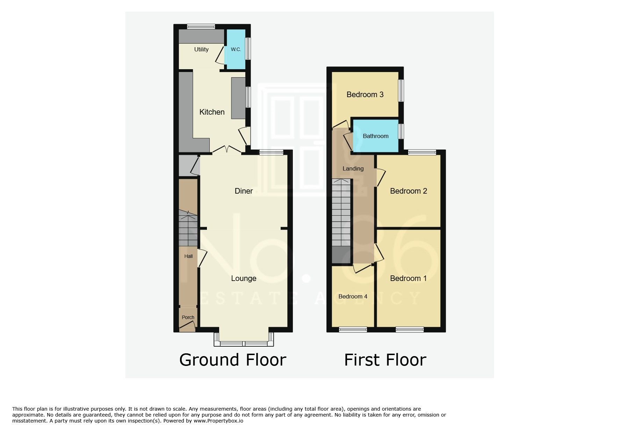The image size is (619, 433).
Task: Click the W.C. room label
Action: (236, 49)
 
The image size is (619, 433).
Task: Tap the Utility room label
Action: (201, 49)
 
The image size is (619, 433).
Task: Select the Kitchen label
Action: (212, 112)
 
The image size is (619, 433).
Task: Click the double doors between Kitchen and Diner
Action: (227, 150)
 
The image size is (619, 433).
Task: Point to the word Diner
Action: (244, 191)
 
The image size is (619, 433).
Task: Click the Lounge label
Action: (244, 278)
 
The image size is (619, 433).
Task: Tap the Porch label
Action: (188, 317)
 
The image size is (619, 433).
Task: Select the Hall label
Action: (188, 256)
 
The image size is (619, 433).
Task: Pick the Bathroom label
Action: (375, 136)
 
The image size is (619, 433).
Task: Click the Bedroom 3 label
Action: (365, 94)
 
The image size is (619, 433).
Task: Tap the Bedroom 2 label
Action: (408, 191)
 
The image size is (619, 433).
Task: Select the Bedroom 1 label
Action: (408, 278)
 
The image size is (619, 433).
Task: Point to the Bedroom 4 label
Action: (353, 296)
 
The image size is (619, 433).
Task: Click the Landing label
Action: (353, 168)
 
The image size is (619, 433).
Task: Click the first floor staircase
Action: (341, 213)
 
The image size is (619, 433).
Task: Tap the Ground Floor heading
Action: (232, 360)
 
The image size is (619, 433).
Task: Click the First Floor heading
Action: (385, 360)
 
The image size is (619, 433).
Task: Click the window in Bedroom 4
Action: (353, 329)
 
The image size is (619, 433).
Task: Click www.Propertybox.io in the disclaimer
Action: (218, 421)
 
